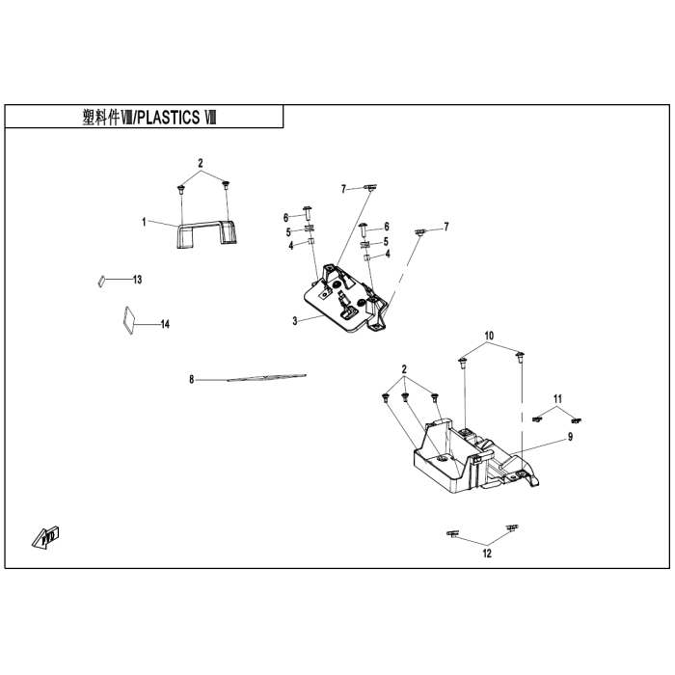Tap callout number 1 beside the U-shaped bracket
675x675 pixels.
(144, 222)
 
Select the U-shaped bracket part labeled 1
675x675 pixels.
(206, 234)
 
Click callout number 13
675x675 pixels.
(137, 280)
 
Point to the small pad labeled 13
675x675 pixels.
(101, 281)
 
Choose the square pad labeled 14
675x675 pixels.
(127, 320)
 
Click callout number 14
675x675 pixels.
(165, 324)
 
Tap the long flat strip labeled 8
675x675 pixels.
(267, 378)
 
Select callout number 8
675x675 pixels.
(192, 380)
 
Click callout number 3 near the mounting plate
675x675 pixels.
(295, 321)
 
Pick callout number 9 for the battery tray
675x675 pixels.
(571, 437)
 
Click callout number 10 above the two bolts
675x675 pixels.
(490, 336)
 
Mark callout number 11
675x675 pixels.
(558, 399)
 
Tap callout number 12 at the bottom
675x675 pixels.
(487, 553)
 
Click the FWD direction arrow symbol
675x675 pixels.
(46, 537)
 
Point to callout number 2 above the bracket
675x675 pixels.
(201, 164)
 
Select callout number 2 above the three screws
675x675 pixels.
(404, 369)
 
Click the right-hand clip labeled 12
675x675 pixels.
(512, 527)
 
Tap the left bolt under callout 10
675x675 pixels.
(462, 363)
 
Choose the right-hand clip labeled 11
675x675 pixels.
(576, 420)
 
